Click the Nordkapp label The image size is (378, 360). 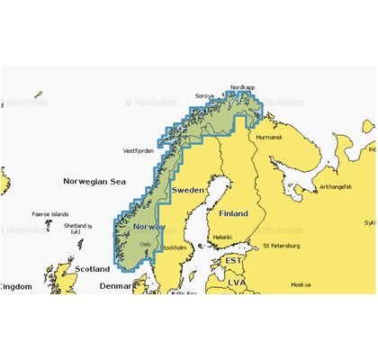click(x=243, y=87)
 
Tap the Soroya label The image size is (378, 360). click(x=206, y=94)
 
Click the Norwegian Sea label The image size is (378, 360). click(x=93, y=181)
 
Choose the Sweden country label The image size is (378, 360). click(x=189, y=191)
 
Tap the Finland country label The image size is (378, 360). click(x=233, y=214)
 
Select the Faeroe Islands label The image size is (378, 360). click(x=49, y=214)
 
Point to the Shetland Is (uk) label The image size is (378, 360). click(x=80, y=228)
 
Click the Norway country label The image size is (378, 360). click(x=148, y=226)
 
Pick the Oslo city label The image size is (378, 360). click(x=146, y=243)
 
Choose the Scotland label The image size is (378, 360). click(x=92, y=268)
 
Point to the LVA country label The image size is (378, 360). click(x=237, y=282)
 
